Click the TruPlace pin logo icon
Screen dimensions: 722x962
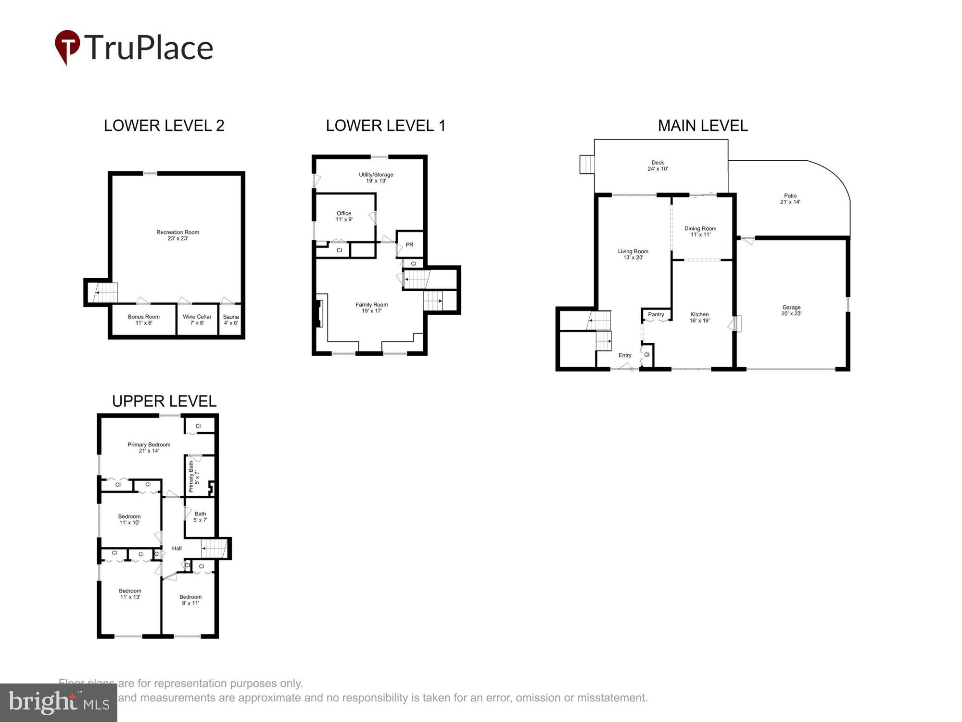coord(67,46)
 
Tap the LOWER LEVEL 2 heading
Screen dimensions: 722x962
coord(164,126)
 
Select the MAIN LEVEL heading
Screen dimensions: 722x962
coord(702,126)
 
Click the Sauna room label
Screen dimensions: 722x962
coord(231,320)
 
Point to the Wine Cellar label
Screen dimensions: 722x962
coord(197,320)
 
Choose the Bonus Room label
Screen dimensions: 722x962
coord(143,320)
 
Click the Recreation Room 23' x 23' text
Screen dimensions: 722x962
coord(177,235)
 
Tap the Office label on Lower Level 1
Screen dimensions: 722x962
coord(344,216)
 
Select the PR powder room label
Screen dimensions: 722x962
coord(409,245)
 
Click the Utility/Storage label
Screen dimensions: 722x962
coord(376,178)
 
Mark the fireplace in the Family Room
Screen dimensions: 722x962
coord(318,313)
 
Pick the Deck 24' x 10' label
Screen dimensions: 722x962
coord(658,166)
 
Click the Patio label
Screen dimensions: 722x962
coord(790,199)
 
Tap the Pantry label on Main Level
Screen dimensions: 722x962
coord(656,314)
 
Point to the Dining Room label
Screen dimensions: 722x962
coord(700,232)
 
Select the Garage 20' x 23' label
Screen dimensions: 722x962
coord(791,310)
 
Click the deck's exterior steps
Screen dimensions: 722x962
coord(587,164)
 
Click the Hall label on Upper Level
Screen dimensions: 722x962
coord(177,548)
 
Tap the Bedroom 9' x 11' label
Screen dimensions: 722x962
coord(190,600)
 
